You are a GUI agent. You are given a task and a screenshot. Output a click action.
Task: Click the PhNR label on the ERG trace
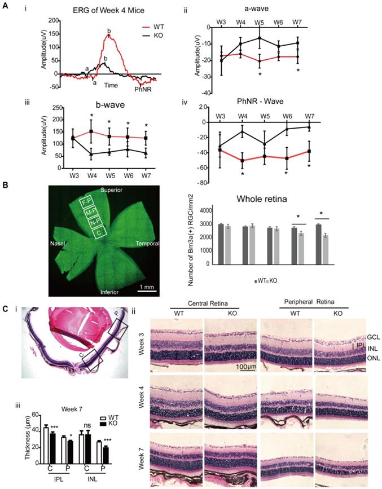[x=142, y=89]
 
